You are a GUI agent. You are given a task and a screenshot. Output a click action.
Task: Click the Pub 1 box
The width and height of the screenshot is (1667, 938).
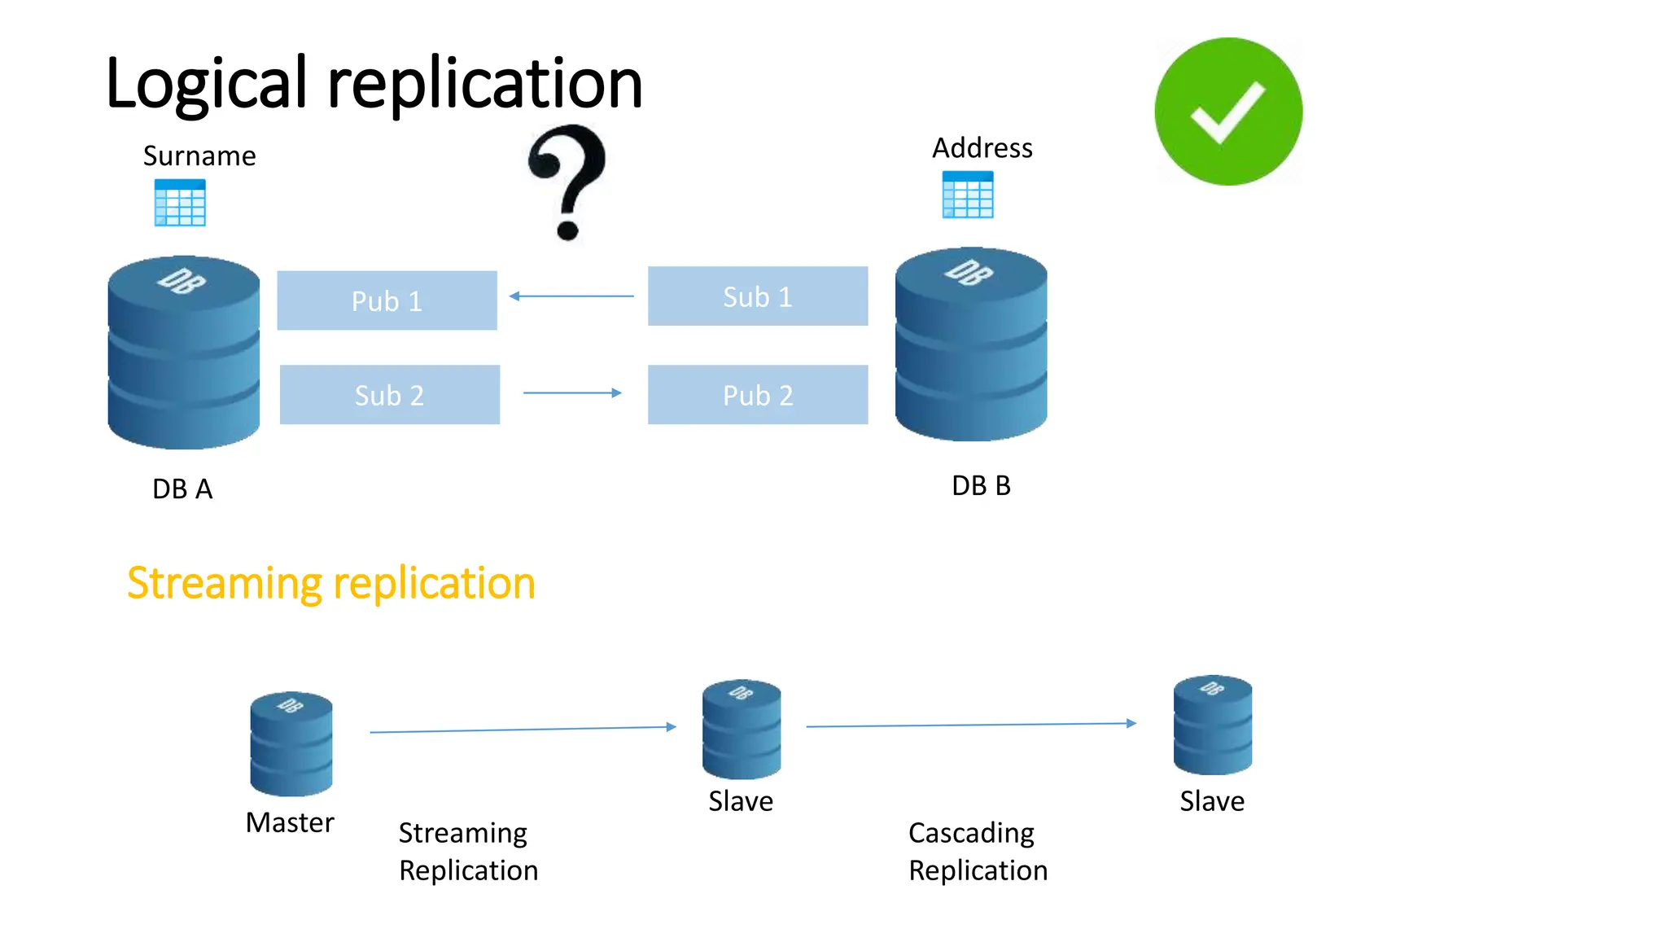pos(387,300)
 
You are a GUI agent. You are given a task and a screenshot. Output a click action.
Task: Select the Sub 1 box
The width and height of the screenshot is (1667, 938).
pos(757,296)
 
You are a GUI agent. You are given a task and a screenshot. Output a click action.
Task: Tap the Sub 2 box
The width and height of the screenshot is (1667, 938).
pos(389,395)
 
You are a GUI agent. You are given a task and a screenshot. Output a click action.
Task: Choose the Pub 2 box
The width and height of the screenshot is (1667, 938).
pos(757,395)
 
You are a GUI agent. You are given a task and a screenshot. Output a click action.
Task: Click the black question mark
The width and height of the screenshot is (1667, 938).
pos(568,181)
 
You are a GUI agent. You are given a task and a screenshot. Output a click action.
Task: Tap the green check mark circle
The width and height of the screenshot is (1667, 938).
pos(1227,112)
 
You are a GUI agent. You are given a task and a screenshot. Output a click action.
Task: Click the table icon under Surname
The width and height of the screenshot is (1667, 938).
pos(180,203)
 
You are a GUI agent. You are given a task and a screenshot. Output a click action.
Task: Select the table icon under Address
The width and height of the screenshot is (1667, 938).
pos(967,195)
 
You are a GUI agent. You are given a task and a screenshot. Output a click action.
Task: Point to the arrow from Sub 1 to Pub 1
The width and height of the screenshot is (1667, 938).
pos(571,296)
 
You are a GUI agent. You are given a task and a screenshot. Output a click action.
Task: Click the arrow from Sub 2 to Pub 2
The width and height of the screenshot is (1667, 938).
pos(571,393)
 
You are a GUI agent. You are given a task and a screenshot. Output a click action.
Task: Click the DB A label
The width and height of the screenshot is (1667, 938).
pos(182,489)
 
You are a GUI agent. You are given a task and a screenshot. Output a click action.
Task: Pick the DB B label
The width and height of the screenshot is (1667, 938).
pos(981,486)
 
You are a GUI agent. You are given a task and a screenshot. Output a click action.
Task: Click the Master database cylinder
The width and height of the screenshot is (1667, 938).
pos(291,743)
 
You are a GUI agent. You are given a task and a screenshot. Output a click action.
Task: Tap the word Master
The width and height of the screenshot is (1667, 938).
pos(290,823)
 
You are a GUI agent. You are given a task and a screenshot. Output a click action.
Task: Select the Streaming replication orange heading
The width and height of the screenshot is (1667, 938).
pos(330,584)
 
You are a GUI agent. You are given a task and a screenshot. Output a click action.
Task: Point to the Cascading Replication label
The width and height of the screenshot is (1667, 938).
pos(978,852)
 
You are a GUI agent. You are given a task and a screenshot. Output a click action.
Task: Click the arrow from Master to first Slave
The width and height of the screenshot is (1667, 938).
pos(523,730)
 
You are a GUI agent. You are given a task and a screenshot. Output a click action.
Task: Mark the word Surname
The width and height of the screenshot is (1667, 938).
pos(199,156)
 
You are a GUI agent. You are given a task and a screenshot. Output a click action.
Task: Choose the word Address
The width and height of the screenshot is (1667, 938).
pos(982,148)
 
